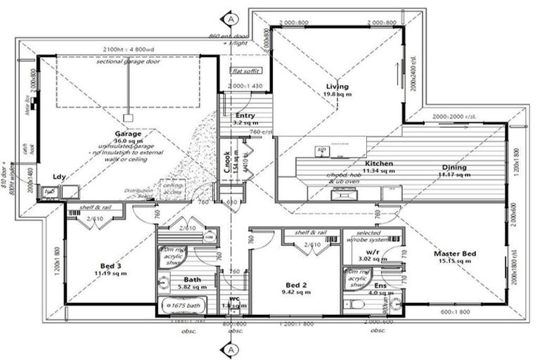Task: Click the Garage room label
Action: (x=129, y=133)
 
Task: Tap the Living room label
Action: (x=337, y=86)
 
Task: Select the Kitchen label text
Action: (x=379, y=163)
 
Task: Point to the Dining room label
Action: (x=454, y=167)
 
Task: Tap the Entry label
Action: (x=245, y=115)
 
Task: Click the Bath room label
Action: (x=192, y=278)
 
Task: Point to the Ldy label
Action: (x=60, y=177)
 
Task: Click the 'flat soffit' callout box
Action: (x=245, y=70)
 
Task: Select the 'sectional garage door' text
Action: (x=129, y=62)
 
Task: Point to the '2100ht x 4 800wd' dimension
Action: (x=128, y=51)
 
